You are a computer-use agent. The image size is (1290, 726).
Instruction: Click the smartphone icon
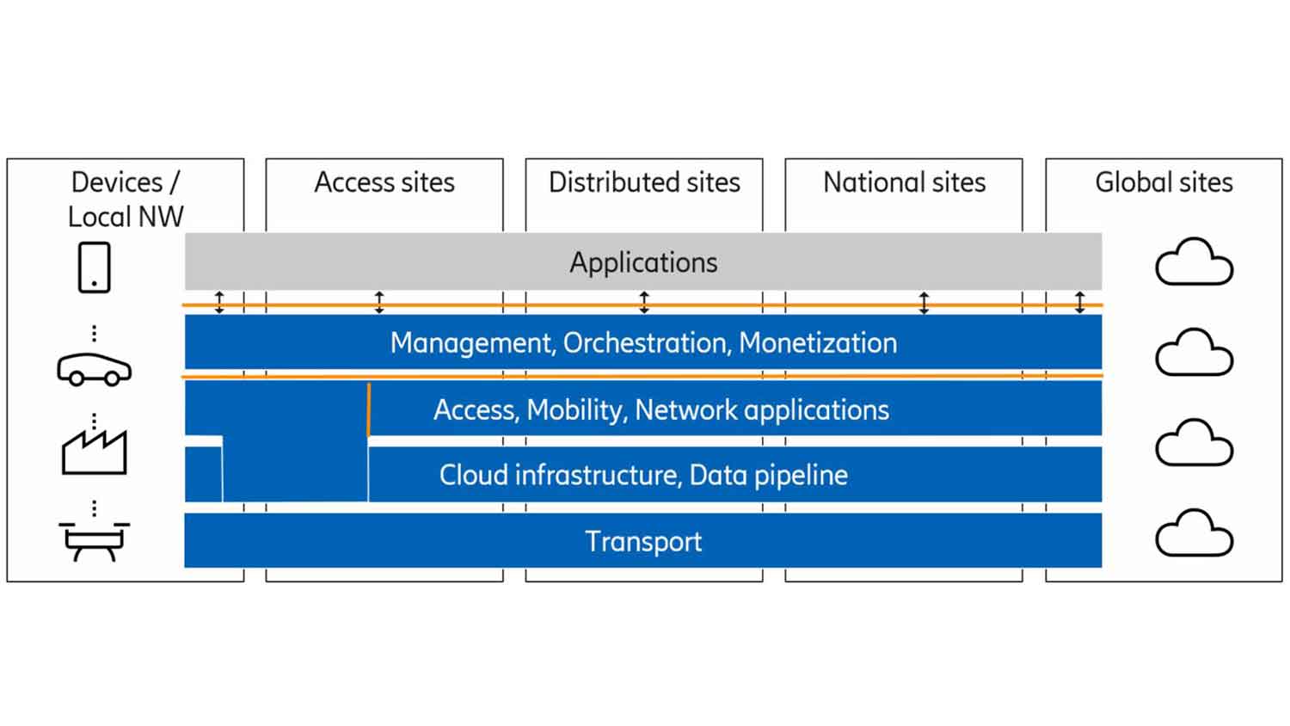95,268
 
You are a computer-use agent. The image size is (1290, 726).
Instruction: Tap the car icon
95,369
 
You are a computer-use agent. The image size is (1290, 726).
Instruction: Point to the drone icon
95,540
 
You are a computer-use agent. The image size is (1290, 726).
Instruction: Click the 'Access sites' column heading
384,182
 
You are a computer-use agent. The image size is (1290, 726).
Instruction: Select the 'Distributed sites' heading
644,182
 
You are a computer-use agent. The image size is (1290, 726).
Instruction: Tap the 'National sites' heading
904,182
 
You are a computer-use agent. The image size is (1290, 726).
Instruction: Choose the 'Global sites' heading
1164,182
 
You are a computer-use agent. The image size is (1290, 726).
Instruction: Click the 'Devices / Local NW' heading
126,199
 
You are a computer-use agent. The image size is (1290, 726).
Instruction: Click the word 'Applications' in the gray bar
643,262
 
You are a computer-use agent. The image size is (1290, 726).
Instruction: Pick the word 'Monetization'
818,343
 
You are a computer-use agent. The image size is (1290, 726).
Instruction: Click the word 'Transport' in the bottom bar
643,542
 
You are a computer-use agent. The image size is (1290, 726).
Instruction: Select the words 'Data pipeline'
769,476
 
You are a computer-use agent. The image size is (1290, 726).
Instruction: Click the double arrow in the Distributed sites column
644,302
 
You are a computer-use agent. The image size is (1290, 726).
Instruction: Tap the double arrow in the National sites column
924,302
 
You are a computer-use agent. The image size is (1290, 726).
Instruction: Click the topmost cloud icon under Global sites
1194,262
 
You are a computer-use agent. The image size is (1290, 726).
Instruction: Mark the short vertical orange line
369,409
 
